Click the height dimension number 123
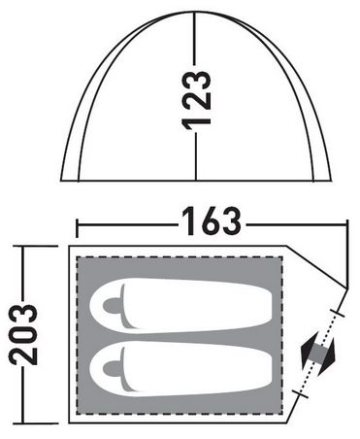click(x=197, y=101)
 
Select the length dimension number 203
click(x=23, y=335)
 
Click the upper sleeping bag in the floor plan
click(x=181, y=305)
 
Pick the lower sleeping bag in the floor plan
click(x=181, y=368)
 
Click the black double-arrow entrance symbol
click(x=318, y=354)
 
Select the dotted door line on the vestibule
click(x=319, y=354)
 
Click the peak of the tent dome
click(x=195, y=12)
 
